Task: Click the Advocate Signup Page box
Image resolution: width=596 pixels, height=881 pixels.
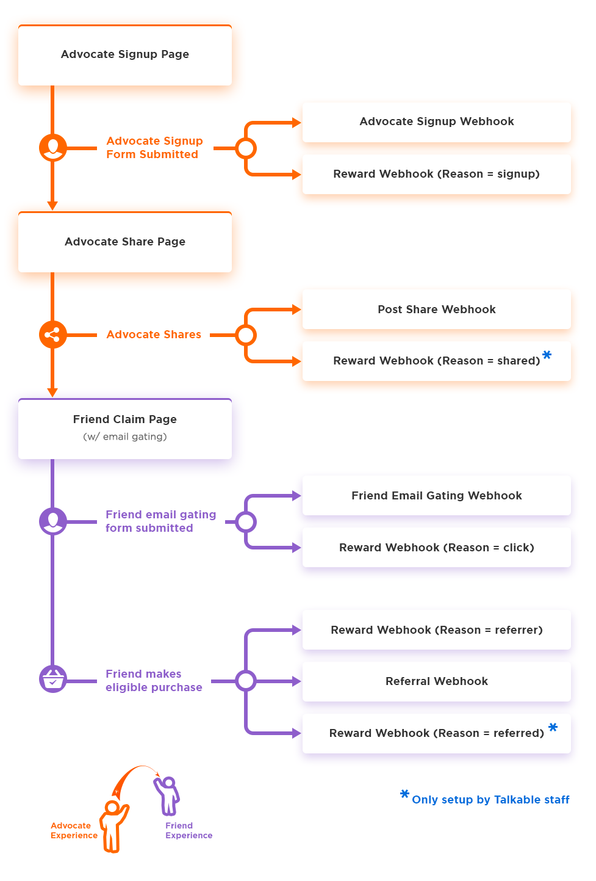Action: point(125,55)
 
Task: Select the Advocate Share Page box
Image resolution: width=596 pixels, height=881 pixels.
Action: point(125,242)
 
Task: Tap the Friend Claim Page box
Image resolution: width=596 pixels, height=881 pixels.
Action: point(125,429)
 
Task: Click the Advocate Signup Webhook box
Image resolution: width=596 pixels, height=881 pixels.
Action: point(437,122)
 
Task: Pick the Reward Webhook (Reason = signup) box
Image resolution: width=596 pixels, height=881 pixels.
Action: point(437,174)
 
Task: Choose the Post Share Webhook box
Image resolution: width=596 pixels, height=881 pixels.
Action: point(437,310)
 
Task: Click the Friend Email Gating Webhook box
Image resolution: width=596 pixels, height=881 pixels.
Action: point(437,496)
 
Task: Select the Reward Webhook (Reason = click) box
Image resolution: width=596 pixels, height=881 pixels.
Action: point(437,548)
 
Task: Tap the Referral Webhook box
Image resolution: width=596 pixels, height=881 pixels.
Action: point(437,681)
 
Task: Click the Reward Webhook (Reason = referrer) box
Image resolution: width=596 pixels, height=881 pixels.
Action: point(437,629)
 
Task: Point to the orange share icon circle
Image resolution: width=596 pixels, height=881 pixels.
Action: point(52,335)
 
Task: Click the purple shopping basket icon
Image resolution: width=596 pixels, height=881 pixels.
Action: point(52,679)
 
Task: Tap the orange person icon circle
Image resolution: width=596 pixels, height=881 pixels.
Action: point(52,148)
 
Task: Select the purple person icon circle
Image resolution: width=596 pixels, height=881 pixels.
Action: point(52,521)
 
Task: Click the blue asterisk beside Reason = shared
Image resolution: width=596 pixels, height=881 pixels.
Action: point(547,355)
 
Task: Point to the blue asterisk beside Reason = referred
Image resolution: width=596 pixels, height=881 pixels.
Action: point(553,727)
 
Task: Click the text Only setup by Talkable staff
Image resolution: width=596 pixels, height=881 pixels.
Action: point(490,800)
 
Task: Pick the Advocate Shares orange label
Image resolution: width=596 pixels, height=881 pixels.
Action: point(154,335)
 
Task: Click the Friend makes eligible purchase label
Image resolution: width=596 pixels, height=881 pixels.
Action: point(154,681)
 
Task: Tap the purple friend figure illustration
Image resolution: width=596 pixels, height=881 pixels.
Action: point(167,796)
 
